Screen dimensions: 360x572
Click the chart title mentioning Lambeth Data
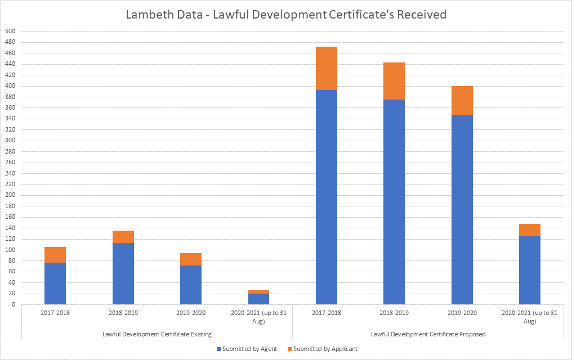(x=286, y=15)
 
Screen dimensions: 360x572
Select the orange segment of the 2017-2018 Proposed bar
(x=327, y=68)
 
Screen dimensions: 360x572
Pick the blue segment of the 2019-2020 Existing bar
(x=191, y=285)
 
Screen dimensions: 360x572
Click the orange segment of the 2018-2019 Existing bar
(x=123, y=237)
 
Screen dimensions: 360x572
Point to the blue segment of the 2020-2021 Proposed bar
(x=529, y=270)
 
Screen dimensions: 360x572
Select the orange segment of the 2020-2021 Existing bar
(x=258, y=292)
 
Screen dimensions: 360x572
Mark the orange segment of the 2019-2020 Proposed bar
(x=462, y=101)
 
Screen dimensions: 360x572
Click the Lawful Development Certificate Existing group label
(x=157, y=334)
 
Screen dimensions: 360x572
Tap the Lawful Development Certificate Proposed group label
(x=428, y=334)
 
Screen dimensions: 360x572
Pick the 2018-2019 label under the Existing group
(x=123, y=312)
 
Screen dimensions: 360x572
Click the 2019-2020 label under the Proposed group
(x=462, y=312)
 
